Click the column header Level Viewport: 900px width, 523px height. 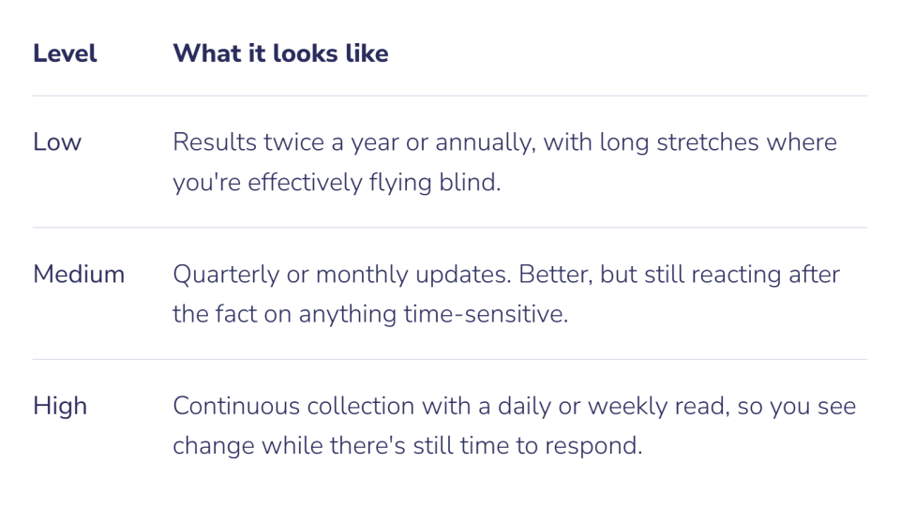pos(65,53)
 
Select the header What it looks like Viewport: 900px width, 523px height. pos(280,53)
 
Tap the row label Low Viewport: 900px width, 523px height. pos(57,142)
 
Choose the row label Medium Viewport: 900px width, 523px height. pos(79,274)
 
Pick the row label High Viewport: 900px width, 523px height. pos(60,406)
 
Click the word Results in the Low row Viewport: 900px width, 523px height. pos(214,142)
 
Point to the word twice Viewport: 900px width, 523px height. pos(293,142)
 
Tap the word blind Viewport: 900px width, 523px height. pos(470,182)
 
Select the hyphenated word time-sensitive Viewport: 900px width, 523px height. pos(486,314)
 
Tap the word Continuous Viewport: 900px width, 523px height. pos(236,406)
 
